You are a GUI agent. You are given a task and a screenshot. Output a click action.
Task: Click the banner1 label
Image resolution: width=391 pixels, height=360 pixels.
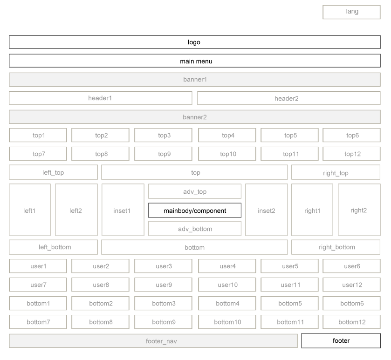[195, 80]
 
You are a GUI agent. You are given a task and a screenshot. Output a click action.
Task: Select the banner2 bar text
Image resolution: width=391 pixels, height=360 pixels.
[195, 117]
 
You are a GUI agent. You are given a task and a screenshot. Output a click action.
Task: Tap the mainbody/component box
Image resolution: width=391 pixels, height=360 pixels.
[195, 211]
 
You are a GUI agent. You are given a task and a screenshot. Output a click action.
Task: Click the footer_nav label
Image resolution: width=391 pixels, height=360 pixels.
[161, 341]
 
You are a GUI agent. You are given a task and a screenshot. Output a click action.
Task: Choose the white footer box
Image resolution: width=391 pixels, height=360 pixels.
[341, 341]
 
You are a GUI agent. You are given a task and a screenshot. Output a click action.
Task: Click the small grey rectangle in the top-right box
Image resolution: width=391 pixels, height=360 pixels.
[352, 12]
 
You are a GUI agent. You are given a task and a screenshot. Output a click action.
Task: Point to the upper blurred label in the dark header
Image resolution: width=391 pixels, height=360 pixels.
[194, 42]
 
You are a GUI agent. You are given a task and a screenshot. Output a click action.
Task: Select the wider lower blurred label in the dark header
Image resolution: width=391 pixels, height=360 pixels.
[196, 61]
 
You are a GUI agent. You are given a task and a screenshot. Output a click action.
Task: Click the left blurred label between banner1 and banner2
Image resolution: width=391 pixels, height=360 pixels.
[100, 98]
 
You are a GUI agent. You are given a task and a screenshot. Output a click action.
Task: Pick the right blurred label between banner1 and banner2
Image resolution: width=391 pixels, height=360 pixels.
[287, 98]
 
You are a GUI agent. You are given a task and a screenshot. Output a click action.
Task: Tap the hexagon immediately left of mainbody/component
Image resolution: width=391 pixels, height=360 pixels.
[123, 211]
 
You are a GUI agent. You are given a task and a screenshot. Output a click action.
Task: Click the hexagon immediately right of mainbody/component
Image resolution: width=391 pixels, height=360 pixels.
[267, 211]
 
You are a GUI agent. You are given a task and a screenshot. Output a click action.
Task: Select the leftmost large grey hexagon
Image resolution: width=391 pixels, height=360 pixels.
[30, 211]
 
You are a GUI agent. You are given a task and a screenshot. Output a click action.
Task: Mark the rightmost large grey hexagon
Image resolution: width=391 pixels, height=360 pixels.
[359, 211]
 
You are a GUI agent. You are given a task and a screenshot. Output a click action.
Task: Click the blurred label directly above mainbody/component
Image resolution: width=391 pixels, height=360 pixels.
[195, 191]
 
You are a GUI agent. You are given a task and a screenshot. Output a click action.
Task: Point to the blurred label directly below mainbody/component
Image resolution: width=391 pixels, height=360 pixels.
[195, 229]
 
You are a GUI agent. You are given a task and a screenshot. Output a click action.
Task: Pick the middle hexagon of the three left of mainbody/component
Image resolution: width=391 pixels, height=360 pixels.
[76, 211]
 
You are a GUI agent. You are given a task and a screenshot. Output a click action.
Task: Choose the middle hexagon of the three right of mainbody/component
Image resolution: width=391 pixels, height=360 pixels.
[312, 211]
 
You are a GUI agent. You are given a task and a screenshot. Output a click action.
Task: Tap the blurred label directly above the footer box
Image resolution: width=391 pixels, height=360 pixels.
[352, 322]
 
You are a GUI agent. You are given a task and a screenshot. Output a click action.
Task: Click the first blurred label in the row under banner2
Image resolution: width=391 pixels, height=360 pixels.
[39, 136]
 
